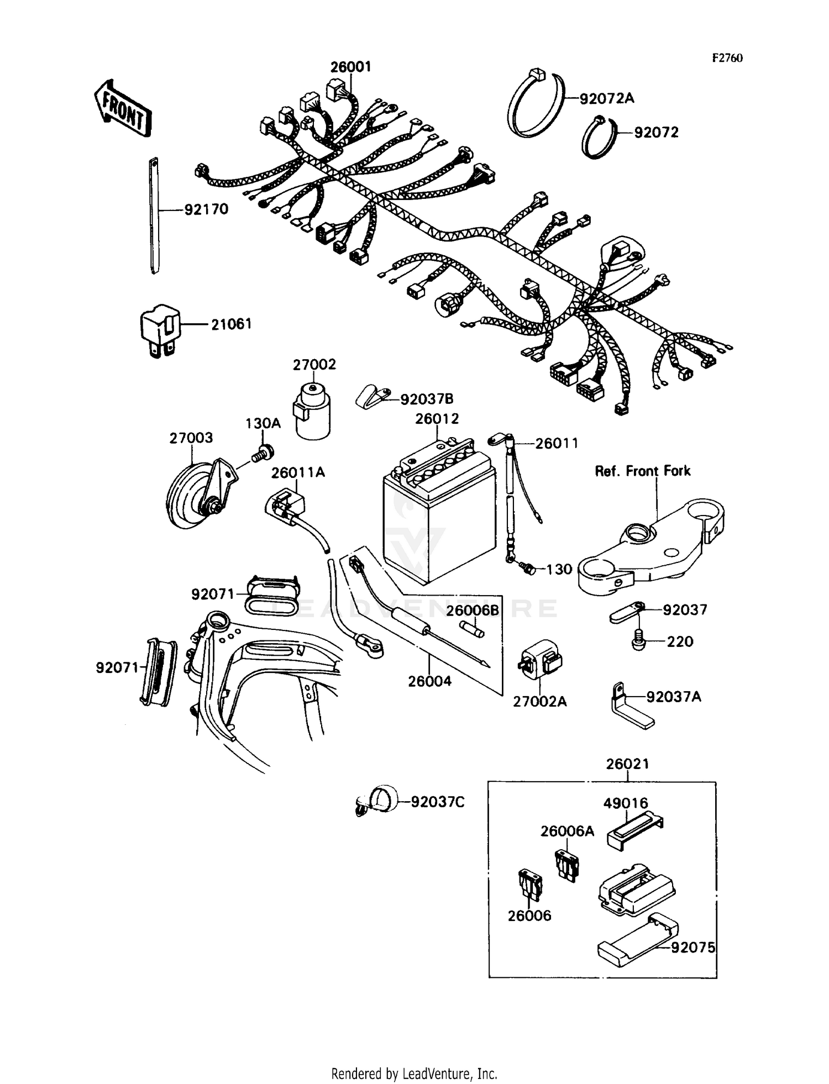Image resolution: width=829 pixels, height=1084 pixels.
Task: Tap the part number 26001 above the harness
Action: pyautogui.click(x=351, y=67)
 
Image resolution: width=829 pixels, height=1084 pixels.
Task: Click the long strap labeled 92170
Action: pyautogui.click(x=154, y=215)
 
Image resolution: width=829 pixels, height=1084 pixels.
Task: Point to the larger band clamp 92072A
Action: pyautogui.click(x=535, y=105)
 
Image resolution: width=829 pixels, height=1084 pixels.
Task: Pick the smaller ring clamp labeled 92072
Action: pyautogui.click(x=598, y=138)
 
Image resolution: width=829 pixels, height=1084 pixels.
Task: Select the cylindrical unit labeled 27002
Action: pyautogui.click(x=313, y=412)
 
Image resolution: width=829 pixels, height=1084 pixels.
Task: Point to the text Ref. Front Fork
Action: pyautogui.click(x=642, y=471)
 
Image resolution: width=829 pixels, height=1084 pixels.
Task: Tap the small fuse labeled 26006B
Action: pyautogui.click(x=472, y=629)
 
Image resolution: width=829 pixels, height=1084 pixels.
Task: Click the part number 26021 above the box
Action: pyautogui.click(x=627, y=764)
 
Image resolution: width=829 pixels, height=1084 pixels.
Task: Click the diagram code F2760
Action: pyautogui.click(x=727, y=58)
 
